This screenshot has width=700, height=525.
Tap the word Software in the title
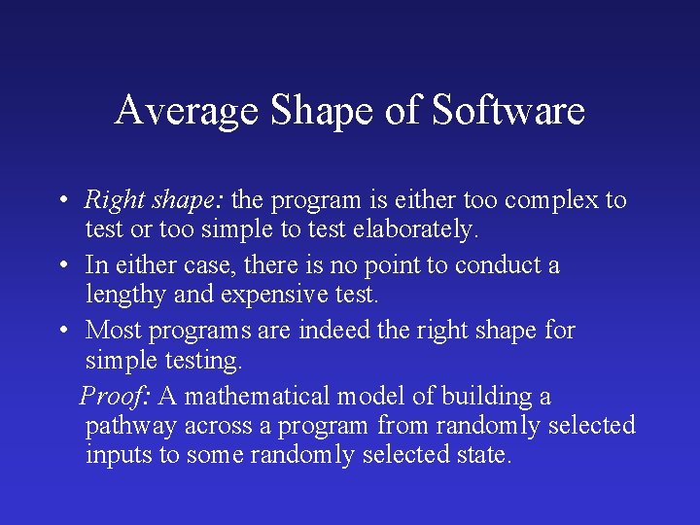click(507, 110)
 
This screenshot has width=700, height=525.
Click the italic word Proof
click(115, 397)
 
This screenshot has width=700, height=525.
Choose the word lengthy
click(124, 294)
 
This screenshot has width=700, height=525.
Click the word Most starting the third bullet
click(113, 331)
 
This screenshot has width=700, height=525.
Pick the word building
click(479, 397)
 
